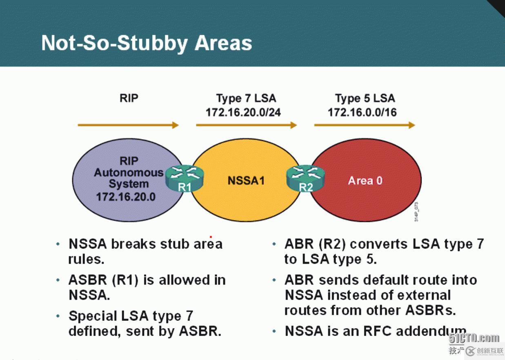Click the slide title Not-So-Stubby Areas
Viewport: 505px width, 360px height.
[x=147, y=43]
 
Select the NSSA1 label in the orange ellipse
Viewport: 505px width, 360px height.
[x=246, y=180]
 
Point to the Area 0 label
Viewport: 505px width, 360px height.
[x=365, y=181]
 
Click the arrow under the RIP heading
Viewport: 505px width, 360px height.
[x=128, y=125]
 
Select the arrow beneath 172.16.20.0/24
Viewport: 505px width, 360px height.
[x=246, y=125]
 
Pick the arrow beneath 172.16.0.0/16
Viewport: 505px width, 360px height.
[x=365, y=125]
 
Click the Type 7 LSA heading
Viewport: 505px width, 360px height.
[x=246, y=98]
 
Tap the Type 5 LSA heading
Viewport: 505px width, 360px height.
[x=365, y=98]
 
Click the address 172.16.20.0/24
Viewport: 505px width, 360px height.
[x=243, y=112]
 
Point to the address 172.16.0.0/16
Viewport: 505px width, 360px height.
[x=362, y=112]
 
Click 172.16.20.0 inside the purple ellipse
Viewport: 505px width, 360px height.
[x=126, y=197]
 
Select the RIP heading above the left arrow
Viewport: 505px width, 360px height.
[x=129, y=98]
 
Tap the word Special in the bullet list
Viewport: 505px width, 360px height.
[x=93, y=316]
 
